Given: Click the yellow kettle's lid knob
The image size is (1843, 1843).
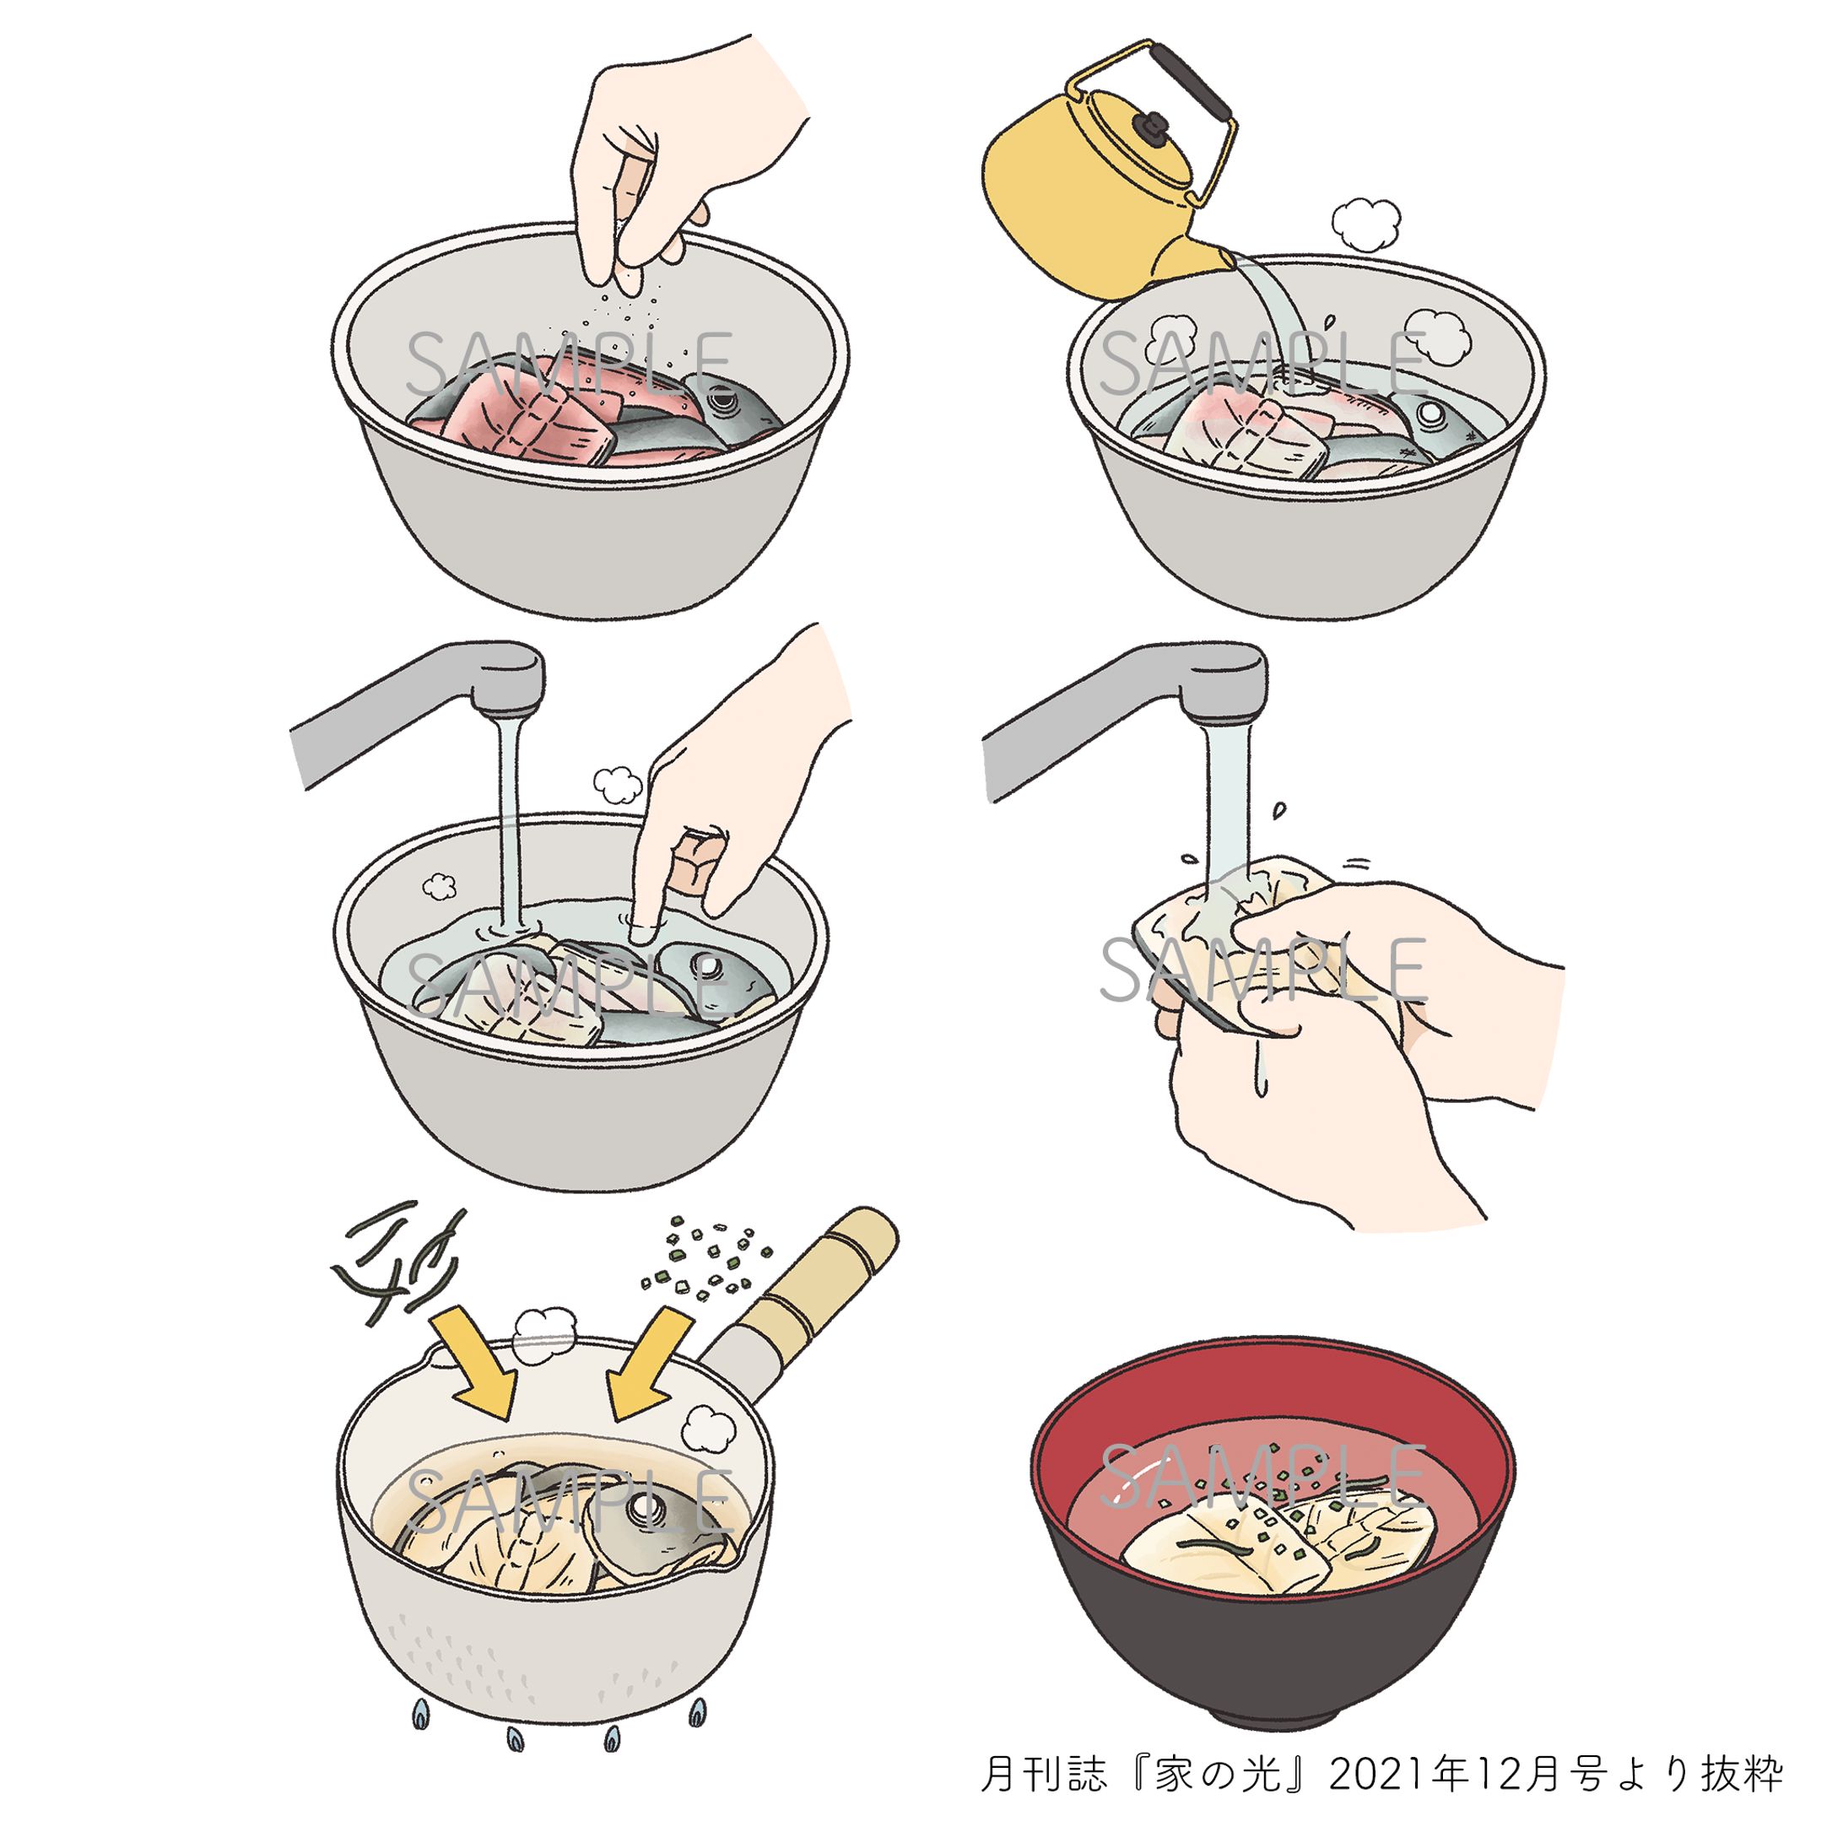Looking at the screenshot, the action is pos(1154,126).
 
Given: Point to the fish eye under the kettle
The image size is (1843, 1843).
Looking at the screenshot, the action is pos(1429,413).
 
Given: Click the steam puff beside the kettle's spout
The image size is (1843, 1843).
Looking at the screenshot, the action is pos(1365,224).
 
